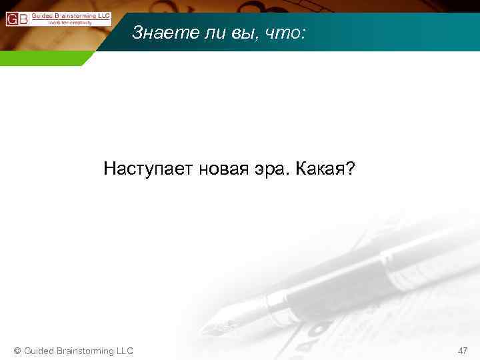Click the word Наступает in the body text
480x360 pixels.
[147, 169]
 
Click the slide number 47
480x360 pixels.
[463, 351]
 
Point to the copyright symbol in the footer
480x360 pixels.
[18, 351]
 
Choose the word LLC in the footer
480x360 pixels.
[125, 351]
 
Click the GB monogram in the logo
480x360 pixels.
[17, 19]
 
